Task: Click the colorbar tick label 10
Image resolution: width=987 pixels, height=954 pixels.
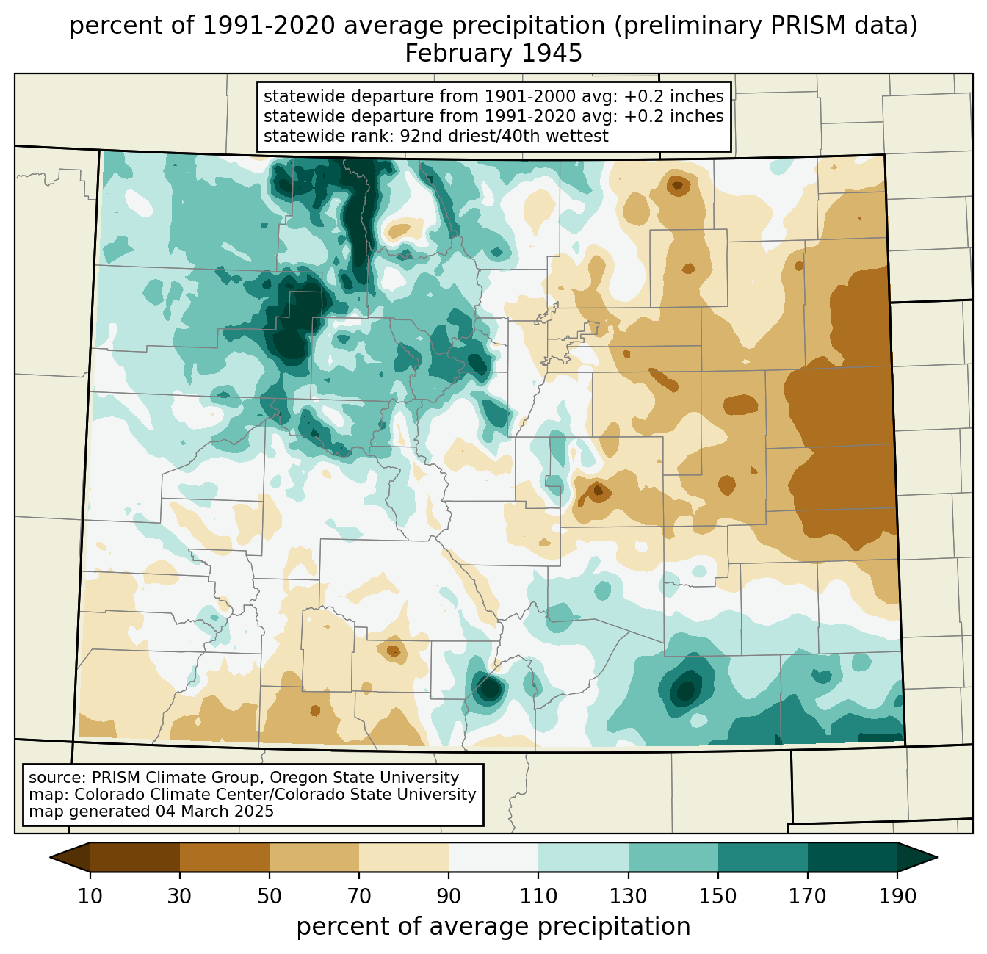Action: point(90,896)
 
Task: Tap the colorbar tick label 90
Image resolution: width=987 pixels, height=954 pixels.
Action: point(449,896)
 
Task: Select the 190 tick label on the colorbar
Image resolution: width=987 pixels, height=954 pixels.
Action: point(897,896)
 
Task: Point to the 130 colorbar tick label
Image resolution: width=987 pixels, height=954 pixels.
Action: point(628,896)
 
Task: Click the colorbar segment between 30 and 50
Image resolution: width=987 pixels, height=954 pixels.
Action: point(224,857)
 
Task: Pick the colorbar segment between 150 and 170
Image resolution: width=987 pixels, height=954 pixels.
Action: point(762,857)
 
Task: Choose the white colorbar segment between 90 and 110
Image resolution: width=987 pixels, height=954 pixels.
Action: point(493,857)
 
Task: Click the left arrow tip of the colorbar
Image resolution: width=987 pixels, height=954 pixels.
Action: point(50,857)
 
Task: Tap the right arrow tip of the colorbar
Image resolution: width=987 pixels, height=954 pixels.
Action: point(937,857)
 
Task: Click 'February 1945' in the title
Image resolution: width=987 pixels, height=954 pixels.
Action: point(493,54)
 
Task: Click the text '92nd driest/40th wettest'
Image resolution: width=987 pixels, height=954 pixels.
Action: point(504,136)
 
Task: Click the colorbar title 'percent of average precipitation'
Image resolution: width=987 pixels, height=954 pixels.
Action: point(493,926)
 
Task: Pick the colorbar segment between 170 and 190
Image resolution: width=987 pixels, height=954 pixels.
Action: point(852,857)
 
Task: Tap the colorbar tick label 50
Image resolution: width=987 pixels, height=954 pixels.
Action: point(269,896)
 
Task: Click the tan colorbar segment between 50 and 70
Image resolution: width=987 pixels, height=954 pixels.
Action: point(314,857)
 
